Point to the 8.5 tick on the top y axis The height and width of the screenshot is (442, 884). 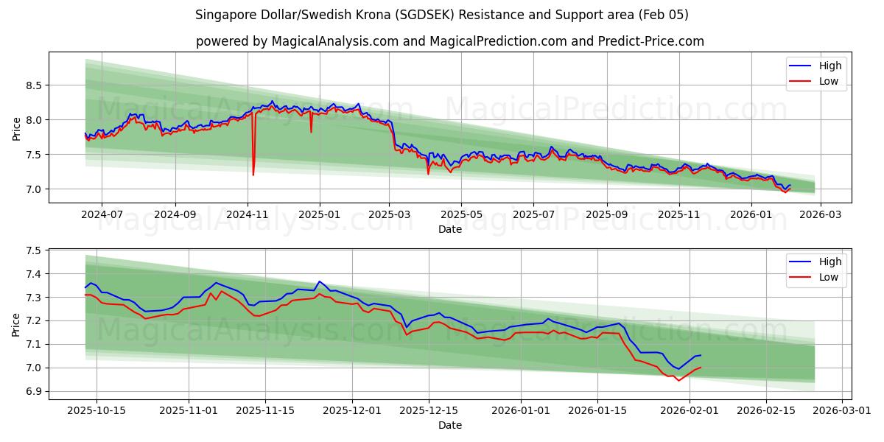(x=34, y=85)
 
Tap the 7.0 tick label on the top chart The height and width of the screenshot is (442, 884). (x=34, y=189)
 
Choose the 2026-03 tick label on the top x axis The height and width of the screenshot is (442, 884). (x=819, y=214)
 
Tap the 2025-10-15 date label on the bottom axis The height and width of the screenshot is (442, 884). (x=97, y=410)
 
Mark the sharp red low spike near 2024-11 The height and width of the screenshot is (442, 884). (x=253, y=175)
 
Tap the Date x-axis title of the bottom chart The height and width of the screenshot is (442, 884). (x=449, y=425)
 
